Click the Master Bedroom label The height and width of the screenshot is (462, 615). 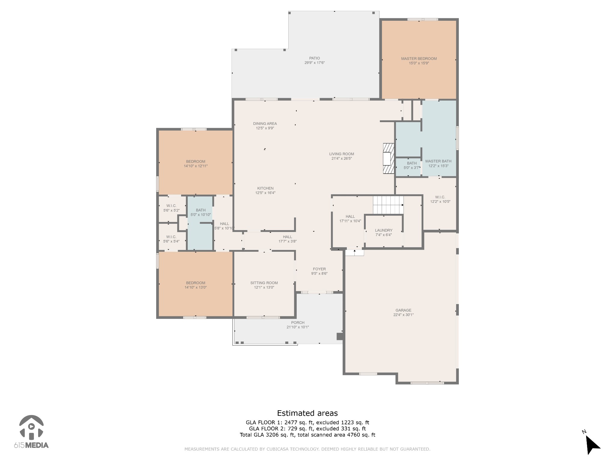(x=419, y=59)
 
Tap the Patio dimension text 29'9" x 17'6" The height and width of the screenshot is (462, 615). (x=314, y=63)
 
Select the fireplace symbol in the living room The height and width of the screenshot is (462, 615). (x=388, y=158)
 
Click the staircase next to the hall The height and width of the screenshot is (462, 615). (x=388, y=205)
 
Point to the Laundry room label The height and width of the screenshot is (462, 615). (x=383, y=230)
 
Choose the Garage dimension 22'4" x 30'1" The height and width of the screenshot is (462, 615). (x=403, y=315)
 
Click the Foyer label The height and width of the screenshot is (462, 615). (x=319, y=269)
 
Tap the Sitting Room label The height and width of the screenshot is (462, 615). (x=264, y=283)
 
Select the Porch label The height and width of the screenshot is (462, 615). (x=298, y=323)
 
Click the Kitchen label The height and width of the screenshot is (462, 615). (x=265, y=188)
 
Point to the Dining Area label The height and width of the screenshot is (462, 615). (x=265, y=124)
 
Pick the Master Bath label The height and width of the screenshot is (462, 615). (x=438, y=161)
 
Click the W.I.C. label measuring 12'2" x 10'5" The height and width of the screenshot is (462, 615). (x=440, y=197)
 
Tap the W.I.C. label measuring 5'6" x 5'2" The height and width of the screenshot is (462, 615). (x=171, y=206)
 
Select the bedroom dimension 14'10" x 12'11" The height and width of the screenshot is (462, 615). (x=195, y=166)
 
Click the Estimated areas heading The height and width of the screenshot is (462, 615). (x=307, y=413)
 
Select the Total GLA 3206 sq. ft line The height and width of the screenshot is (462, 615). (x=307, y=435)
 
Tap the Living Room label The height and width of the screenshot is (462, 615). (x=341, y=154)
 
